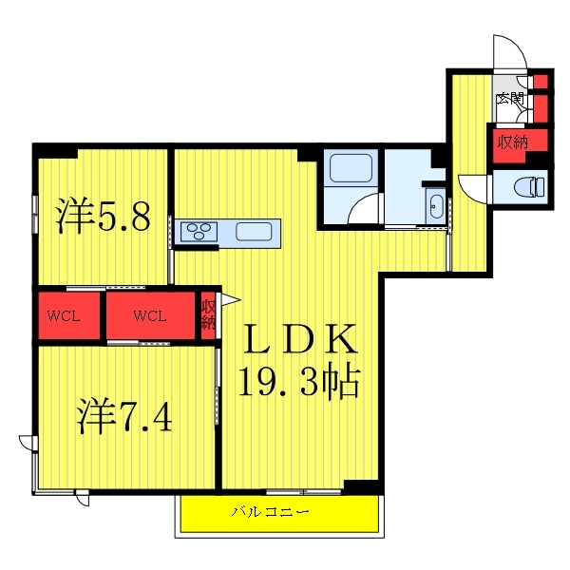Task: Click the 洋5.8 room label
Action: pyautogui.click(x=103, y=216)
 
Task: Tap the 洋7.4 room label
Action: pyautogui.click(x=124, y=415)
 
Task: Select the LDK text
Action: pyautogui.click(x=300, y=339)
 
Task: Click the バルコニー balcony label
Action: pyautogui.click(x=271, y=512)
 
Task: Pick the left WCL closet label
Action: pyautogui.click(x=64, y=316)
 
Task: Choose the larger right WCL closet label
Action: pyautogui.click(x=150, y=316)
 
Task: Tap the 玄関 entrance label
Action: pyautogui.click(x=510, y=98)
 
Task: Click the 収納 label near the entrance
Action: pyautogui.click(x=513, y=142)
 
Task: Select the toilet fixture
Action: pyautogui.click(x=530, y=187)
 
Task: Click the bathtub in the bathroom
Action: pyautogui.click(x=351, y=168)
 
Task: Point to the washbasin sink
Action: pyautogui.click(x=436, y=206)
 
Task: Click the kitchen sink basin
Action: pyautogui.click(x=254, y=231)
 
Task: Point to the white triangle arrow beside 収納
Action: pyautogui.click(x=231, y=299)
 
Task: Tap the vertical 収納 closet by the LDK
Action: pyautogui.click(x=209, y=314)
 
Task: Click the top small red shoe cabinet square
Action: pyautogui.click(x=541, y=81)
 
